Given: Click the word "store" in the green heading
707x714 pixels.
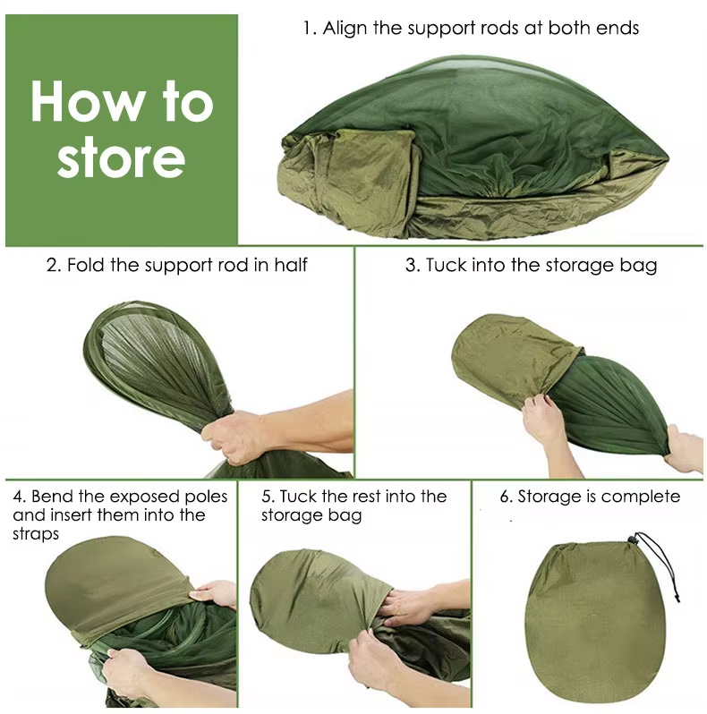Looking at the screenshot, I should (121, 157).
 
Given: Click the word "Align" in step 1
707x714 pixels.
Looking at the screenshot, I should (346, 28).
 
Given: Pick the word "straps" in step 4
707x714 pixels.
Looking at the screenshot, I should (36, 534).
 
